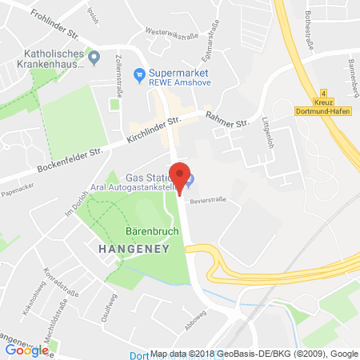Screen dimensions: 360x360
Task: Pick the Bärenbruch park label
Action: click(128, 233)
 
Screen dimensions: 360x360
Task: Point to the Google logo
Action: click(26, 350)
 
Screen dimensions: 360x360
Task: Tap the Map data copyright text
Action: click(264, 354)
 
